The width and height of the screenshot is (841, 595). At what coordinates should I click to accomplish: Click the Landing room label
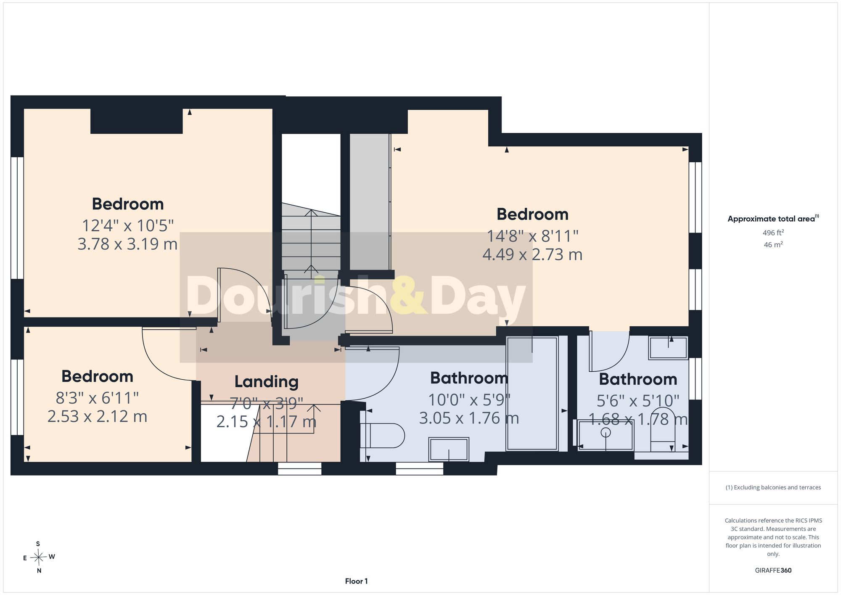coord(266,382)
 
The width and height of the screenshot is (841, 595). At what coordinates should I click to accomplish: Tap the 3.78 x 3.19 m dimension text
coord(127,244)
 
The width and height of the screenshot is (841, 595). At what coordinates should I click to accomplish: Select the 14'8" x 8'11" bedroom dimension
coord(532,236)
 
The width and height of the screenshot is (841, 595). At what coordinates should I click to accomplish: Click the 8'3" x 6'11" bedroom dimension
coord(97,398)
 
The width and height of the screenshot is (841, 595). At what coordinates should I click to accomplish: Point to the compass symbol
coord(39,558)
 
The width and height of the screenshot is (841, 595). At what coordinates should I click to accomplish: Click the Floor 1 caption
coord(356,581)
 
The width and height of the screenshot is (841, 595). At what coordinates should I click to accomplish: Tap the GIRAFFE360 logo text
coord(773,571)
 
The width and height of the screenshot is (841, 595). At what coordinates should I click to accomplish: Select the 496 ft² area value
coord(773,233)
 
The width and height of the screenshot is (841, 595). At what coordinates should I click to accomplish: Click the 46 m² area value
coord(773,244)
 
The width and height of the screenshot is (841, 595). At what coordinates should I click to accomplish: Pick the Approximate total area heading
coord(773,219)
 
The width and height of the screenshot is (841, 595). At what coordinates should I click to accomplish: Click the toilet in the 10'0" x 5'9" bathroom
coord(382,436)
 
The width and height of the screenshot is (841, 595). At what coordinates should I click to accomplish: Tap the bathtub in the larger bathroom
coord(532,394)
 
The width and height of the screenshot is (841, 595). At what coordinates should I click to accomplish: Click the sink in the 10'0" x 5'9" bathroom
coord(448,449)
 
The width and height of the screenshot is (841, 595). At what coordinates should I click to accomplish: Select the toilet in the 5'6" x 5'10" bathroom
coord(663,431)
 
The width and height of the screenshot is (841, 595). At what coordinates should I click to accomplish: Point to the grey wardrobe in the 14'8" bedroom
coord(370,202)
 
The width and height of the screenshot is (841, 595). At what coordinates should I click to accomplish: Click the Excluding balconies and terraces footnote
coord(773,488)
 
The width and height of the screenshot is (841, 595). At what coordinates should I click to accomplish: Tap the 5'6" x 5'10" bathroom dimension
coord(638,401)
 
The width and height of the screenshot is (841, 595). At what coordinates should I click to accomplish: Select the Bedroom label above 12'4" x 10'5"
coord(128,204)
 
